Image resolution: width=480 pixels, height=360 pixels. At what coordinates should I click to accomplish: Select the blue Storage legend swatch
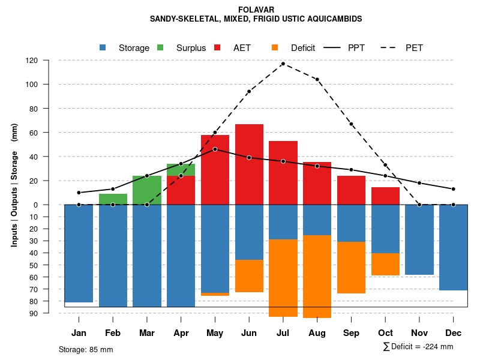pyautogui.click(x=103, y=48)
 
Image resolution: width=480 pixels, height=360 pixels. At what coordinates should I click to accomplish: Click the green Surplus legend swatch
pyautogui.click(x=161, y=48)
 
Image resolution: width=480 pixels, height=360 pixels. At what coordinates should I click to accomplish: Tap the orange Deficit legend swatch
pyautogui.click(x=275, y=48)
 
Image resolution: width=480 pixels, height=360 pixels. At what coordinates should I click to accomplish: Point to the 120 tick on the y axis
pyautogui.click(x=48, y=61)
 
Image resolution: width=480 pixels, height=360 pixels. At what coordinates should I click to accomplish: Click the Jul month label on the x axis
pyautogui.click(x=283, y=333)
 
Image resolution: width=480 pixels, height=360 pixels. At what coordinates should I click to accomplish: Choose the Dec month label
pyautogui.click(x=454, y=333)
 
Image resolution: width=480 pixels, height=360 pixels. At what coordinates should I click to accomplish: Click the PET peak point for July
pyautogui.click(x=283, y=64)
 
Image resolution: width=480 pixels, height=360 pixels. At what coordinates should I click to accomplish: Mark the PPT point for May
pyautogui.click(x=215, y=149)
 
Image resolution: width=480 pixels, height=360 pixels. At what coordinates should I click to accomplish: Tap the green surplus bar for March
pyautogui.click(x=147, y=190)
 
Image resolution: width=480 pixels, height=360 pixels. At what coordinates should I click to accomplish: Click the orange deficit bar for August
pyautogui.click(x=317, y=277)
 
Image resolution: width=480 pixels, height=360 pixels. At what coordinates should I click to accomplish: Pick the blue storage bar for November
pyautogui.click(x=419, y=240)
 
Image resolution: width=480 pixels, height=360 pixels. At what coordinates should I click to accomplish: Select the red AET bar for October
pyautogui.click(x=385, y=196)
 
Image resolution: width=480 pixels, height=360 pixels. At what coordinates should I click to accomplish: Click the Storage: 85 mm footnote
pyautogui.click(x=86, y=349)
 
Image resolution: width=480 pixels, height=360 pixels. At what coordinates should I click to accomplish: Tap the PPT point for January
pyautogui.click(x=79, y=193)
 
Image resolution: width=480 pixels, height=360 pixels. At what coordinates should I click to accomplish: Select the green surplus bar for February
pyautogui.click(x=113, y=199)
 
